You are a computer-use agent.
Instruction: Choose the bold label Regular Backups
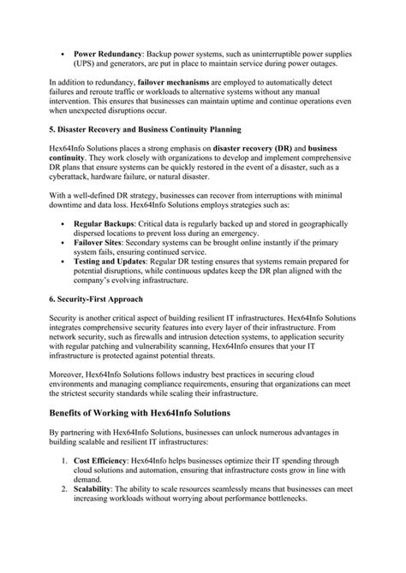pyautogui.click(x=108, y=245)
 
